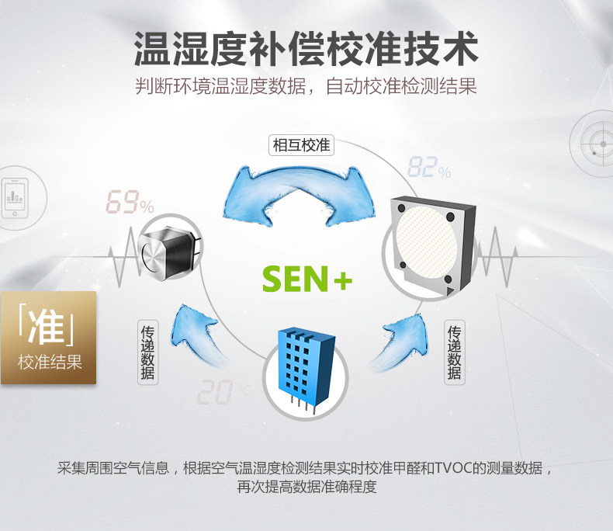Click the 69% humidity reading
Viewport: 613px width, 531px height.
tap(130, 203)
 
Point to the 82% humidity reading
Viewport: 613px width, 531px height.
tap(428, 168)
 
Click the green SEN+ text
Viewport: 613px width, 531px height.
tap(307, 279)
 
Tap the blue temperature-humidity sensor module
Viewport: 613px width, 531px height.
tap(306, 365)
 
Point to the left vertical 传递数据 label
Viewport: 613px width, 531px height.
tap(147, 351)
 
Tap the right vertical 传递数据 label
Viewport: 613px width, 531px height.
tap(455, 351)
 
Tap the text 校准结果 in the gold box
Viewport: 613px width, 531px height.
tap(49, 362)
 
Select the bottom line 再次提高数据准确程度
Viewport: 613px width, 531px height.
tap(306, 488)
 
